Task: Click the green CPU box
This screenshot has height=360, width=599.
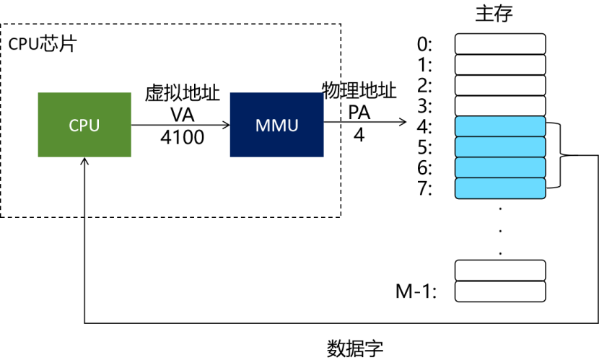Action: point(84,125)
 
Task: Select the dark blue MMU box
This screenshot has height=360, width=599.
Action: point(276,125)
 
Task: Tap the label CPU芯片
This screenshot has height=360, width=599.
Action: point(42,43)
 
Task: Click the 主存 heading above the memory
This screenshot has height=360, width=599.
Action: point(495,13)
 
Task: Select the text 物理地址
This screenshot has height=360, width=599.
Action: point(359,92)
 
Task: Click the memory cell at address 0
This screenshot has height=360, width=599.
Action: point(500,45)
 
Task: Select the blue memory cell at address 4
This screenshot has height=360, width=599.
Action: point(500,127)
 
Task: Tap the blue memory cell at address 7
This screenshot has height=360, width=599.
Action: point(500,189)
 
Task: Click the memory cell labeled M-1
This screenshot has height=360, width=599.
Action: point(500,291)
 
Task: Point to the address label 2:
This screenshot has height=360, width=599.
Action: point(424,86)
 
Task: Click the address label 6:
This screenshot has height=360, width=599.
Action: point(424,168)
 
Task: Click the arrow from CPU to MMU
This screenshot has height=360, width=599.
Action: point(180,125)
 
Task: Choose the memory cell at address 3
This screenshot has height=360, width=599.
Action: point(500,106)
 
